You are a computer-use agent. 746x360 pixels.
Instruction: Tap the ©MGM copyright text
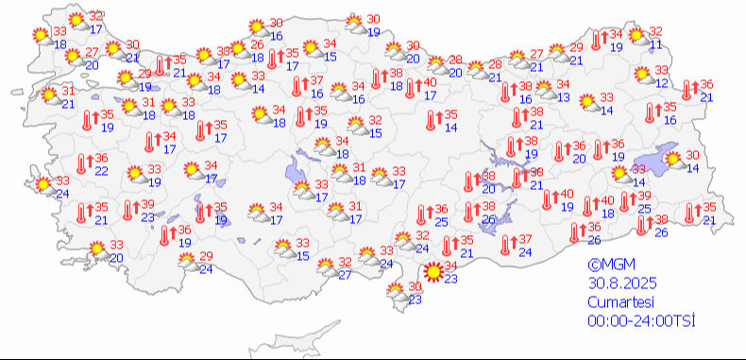(x=609, y=266)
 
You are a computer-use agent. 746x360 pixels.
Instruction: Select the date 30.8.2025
(x=621, y=283)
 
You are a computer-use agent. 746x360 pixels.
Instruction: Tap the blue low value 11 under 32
(x=655, y=45)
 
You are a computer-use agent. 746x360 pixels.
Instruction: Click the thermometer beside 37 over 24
(x=507, y=245)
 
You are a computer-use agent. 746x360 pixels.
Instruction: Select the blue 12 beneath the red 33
(x=661, y=83)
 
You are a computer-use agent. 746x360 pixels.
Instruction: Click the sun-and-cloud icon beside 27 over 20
(x=72, y=58)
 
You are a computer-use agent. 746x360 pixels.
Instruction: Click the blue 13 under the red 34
(x=563, y=96)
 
